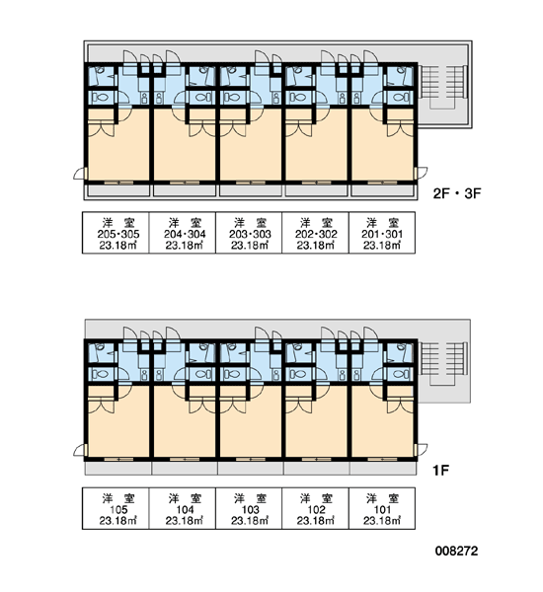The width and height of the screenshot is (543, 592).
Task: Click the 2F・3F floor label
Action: coord(457,193)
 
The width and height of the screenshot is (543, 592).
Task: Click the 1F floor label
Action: coord(440,471)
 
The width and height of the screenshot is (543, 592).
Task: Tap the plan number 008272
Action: coord(456,551)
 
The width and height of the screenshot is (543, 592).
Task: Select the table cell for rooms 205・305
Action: coord(116,233)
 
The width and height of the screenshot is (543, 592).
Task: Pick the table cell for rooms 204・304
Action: coord(183,233)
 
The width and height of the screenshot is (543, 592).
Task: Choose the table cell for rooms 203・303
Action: coord(249,233)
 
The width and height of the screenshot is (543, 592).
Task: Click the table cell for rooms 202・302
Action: coord(315,233)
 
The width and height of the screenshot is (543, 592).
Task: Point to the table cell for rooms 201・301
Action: coord(382,233)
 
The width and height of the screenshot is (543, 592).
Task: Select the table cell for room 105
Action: coord(116,508)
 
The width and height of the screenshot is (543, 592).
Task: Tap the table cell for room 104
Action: coord(183,508)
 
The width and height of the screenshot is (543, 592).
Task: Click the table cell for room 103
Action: coord(249,508)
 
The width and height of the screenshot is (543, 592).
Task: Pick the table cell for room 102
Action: coord(315,508)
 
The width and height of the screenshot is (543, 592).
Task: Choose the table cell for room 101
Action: coord(382,508)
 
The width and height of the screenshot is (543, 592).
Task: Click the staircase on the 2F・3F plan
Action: coord(444,87)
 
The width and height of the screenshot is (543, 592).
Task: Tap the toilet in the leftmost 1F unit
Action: coord(100,374)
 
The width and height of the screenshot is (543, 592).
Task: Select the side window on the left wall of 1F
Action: coord(86,451)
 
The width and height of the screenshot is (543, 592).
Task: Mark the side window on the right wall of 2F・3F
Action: coord(416,174)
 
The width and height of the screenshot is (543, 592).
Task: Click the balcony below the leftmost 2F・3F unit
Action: coord(118,190)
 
